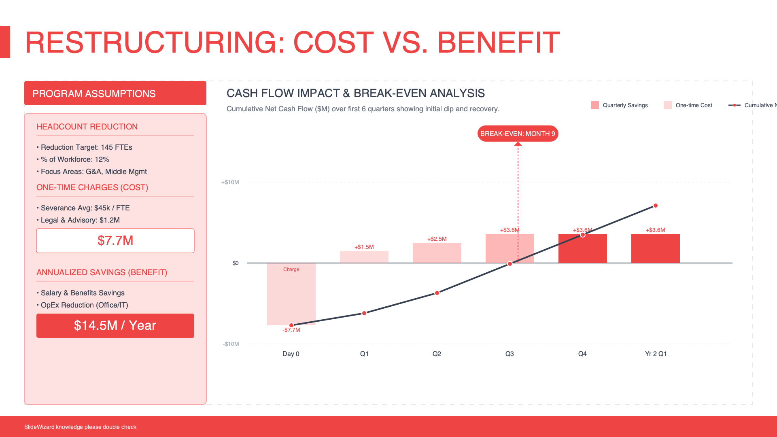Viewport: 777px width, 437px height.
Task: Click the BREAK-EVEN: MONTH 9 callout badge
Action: [518, 134]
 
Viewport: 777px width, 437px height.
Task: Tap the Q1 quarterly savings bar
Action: [364, 257]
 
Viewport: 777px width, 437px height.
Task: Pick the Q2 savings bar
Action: [437, 253]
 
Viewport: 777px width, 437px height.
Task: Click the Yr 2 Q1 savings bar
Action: [655, 248]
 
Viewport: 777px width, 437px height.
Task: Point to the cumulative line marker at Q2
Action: [437, 293]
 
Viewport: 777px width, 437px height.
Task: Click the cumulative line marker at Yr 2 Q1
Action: [656, 206]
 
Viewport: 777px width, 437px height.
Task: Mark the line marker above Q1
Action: [364, 313]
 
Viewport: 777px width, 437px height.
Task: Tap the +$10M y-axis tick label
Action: [230, 182]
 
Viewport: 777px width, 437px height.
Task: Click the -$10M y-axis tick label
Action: [231, 344]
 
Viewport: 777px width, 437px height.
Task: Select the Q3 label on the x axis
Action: [510, 354]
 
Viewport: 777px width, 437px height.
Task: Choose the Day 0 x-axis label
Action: [291, 354]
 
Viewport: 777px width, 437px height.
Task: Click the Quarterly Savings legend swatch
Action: [594, 105]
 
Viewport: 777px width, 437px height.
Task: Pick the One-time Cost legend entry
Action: [688, 105]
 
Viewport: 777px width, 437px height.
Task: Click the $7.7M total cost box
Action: [115, 241]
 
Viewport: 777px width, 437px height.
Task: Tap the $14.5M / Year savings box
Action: [115, 326]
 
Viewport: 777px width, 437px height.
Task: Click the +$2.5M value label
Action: [437, 239]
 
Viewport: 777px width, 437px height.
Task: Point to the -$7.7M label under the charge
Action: [291, 330]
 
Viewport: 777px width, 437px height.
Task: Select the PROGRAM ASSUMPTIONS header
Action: [115, 93]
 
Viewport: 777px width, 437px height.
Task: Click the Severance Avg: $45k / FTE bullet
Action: [85, 208]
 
